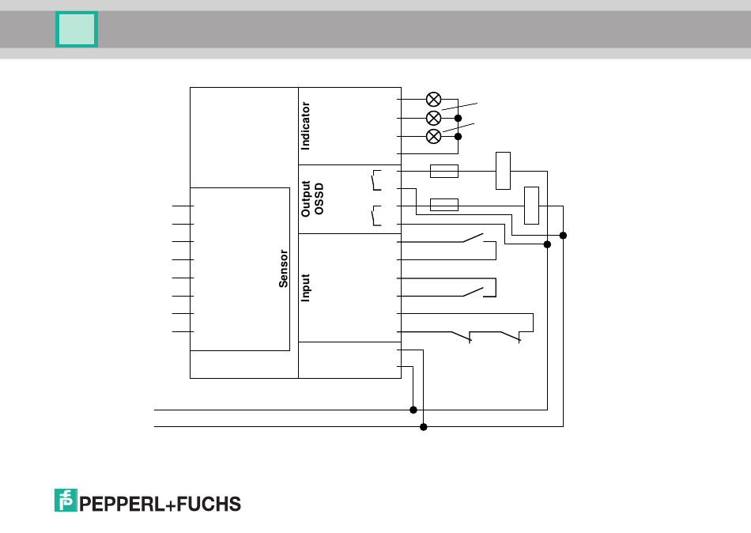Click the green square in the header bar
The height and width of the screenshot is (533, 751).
[x=77, y=29]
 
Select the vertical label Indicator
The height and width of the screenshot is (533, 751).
[x=306, y=126]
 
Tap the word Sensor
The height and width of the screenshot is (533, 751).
[x=284, y=268]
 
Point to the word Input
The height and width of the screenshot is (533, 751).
[x=306, y=288]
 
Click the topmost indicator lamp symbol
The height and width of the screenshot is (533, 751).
[x=433, y=99]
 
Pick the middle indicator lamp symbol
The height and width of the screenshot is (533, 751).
[x=433, y=118]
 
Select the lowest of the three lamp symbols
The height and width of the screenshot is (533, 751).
[x=433, y=136]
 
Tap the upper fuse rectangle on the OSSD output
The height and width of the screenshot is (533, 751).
[x=443, y=171]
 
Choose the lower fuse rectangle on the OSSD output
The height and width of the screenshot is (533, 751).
[x=443, y=205]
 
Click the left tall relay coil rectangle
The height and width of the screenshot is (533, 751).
[x=503, y=170]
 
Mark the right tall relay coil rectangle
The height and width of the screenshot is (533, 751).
[x=532, y=206]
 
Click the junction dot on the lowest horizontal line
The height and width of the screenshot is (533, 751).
[x=423, y=427]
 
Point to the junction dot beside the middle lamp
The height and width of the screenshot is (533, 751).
[x=458, y=118]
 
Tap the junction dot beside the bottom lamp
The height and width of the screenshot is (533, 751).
[x=458, y=136]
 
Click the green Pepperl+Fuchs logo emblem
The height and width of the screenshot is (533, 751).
[x=65, y=500]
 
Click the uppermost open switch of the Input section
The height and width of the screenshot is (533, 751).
[x=474, y=238]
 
